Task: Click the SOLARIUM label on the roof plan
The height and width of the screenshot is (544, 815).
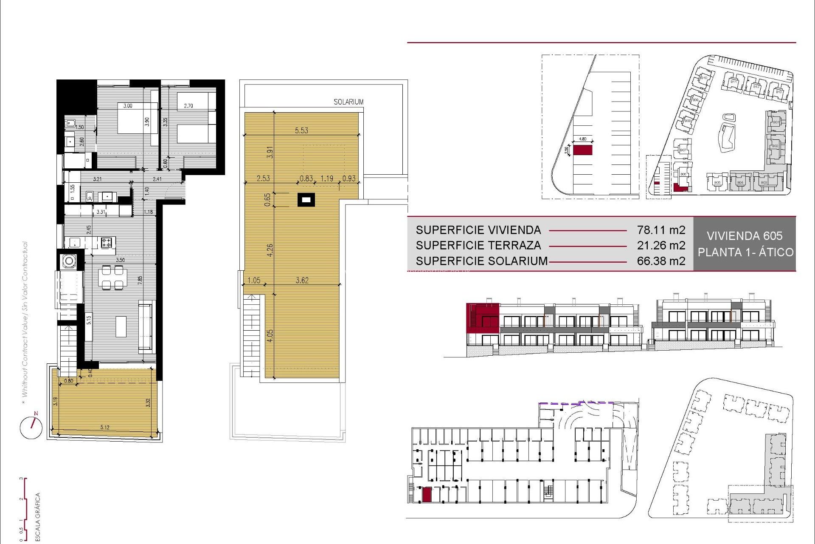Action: click(348, 102)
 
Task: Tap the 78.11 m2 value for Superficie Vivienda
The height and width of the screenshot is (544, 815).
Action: click(661, 230)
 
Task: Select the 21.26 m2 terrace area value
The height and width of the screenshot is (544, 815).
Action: click(661, 245)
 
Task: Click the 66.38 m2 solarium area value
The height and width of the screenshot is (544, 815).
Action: click(661, 261)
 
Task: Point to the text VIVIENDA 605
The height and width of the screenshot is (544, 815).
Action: click(745, 236)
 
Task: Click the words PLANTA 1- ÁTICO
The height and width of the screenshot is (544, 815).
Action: click(745, 252)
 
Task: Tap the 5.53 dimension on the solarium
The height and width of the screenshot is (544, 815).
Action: click(301, 130)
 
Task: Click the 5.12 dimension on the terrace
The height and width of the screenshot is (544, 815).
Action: click(105, 427)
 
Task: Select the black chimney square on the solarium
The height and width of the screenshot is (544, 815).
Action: click(306, 199)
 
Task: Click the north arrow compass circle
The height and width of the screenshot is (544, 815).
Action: click(31, 428)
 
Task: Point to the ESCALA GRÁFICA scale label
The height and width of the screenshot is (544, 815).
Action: click(38, 516)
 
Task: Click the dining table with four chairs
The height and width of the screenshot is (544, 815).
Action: click(112, 278)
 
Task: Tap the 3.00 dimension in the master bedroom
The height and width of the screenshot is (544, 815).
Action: click(128, 106)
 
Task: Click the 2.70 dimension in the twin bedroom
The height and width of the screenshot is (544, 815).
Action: click(188, 106)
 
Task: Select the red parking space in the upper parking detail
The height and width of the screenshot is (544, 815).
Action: click(582, 150)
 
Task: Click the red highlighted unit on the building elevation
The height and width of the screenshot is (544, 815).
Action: click(482, 317)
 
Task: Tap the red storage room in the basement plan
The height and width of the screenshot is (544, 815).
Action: click(427, 495)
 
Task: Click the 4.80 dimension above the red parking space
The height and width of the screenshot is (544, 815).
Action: click(582, 139)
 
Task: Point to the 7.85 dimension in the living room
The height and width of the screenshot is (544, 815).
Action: click(140, 280)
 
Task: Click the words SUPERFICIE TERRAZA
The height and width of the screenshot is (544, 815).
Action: click(478, 245)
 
